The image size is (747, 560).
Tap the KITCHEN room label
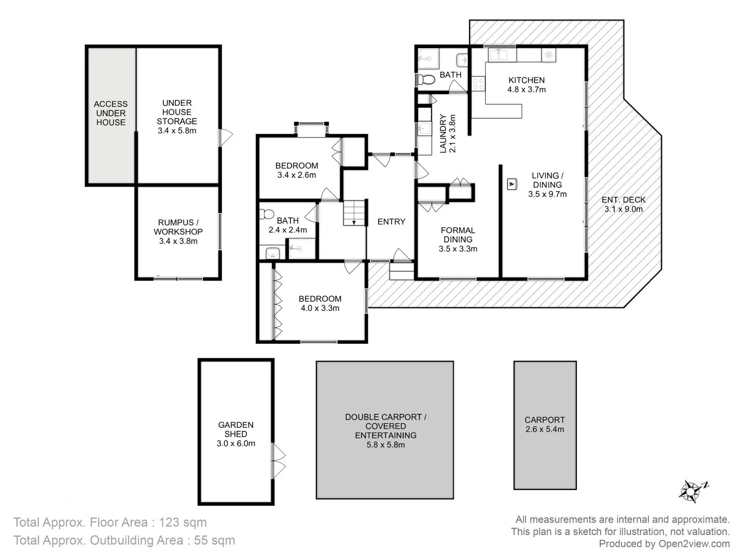(x=526, y=80)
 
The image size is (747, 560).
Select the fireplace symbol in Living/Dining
(x=511, y=184)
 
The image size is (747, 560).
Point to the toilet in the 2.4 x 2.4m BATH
(x=268, y=214)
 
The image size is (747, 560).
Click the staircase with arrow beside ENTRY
(x=354, y=213)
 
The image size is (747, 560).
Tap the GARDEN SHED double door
(x=279, y=460)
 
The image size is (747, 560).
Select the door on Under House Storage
(x=225, y=137)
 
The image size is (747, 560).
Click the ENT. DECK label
(x=623, y=200)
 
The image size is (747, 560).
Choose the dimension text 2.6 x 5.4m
(x=544, y=429)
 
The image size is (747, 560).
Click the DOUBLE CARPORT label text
(x=385, y=417)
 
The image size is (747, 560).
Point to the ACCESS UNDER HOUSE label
(x=110, y=113)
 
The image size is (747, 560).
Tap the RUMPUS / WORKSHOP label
(x=178, y=227)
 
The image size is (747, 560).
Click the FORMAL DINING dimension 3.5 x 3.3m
(x=458, y=249)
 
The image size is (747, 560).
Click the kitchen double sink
(x=501, y=54)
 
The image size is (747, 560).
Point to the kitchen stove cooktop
(x=478, y=84)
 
